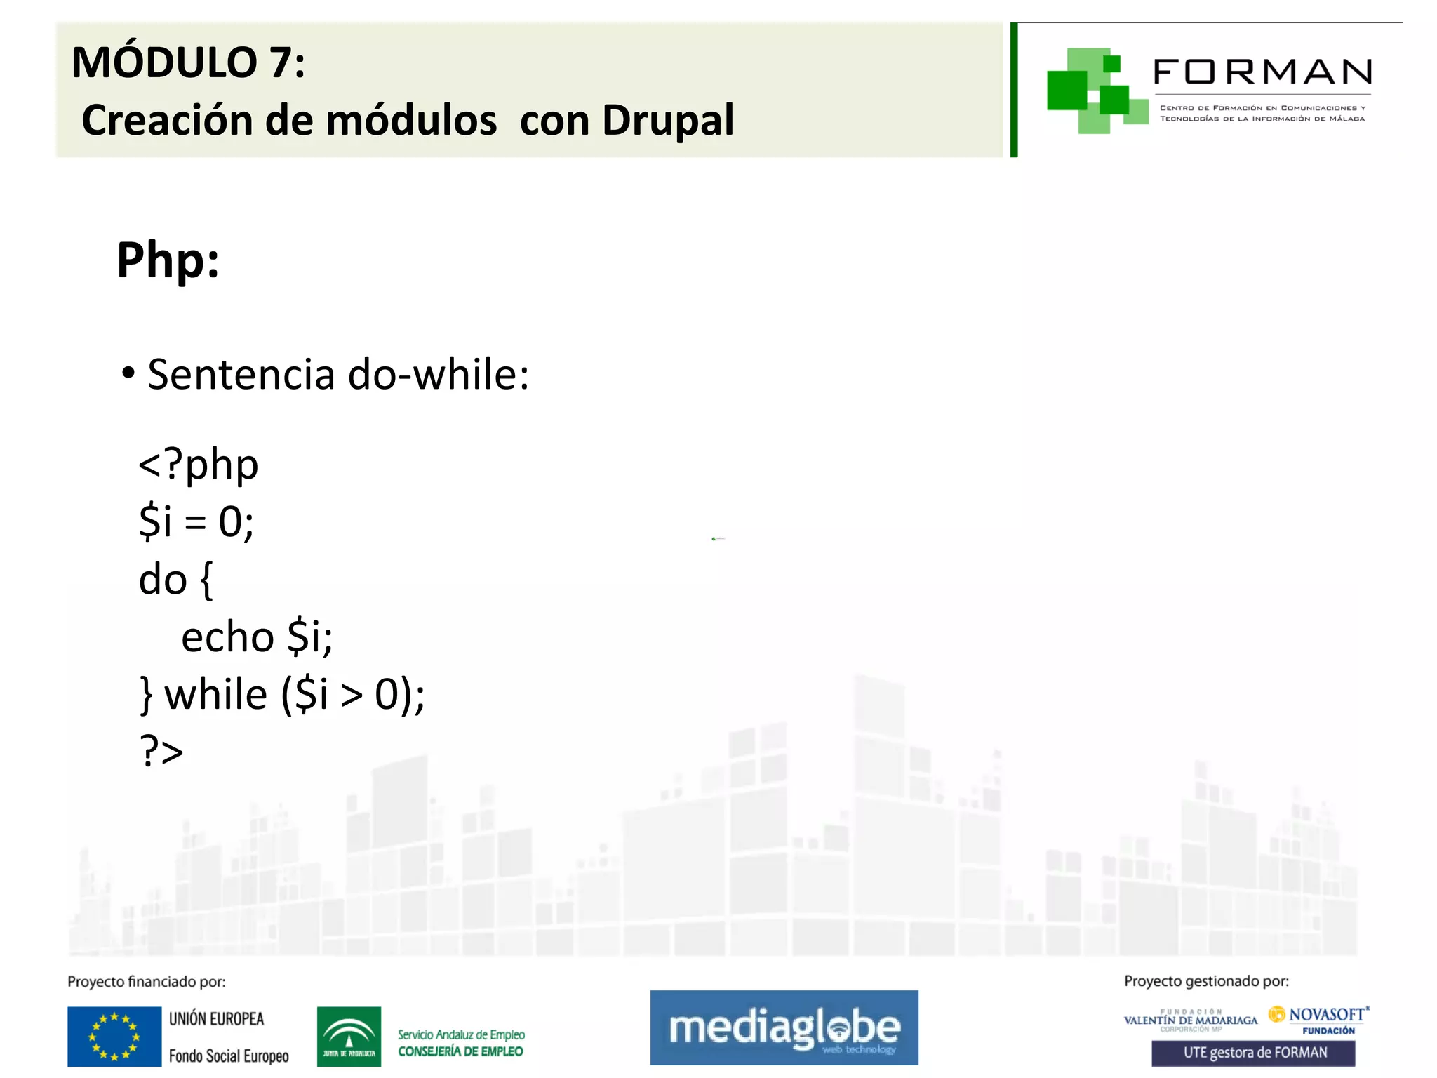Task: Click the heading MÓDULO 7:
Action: point(188,62)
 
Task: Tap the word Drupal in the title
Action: point(667,120)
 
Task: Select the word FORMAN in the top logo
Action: point(1262,72)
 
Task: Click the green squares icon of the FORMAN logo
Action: point(1094,91)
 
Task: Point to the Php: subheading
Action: point(168,260)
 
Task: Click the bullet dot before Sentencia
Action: point(128,373)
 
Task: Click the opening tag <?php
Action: point(199,465)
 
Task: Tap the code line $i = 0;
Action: point(196,522)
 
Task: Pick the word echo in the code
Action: point(227,637)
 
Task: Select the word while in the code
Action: point(216,695)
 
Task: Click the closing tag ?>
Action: point(161,752)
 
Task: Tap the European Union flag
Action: point(114,1036)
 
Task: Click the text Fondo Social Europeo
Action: point(229,1056)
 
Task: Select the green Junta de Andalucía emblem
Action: point(349,1036)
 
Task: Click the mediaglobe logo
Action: point(784,1027)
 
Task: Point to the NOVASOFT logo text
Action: point(1326,1015)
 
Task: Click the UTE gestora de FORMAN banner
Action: point(1253,1053)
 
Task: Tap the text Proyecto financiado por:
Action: point(147,982)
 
